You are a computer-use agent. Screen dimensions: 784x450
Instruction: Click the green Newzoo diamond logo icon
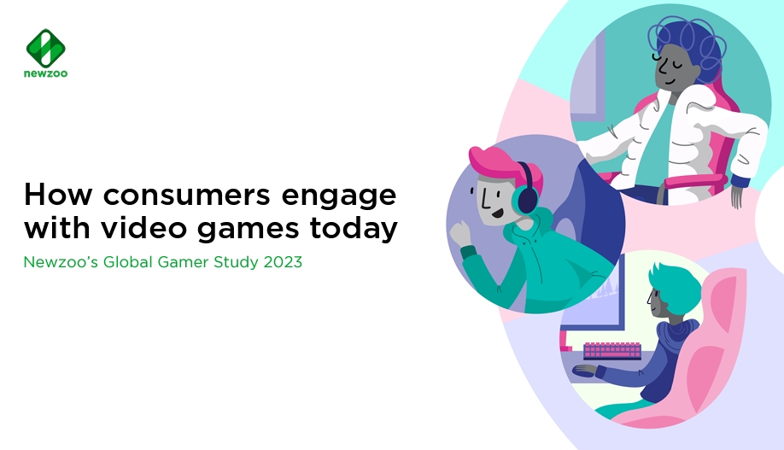(45, 48)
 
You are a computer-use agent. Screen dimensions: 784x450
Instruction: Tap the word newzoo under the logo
(45, 73)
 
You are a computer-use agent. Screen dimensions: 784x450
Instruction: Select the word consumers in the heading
(186, 195)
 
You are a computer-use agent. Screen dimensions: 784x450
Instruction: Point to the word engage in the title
(339, 197)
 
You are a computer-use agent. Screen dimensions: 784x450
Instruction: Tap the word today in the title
(354, 229)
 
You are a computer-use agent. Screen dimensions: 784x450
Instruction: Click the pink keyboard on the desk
(612, 350)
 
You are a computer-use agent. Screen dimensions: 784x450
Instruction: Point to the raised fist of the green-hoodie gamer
(461, 234)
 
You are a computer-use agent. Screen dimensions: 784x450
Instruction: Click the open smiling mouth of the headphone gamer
(497, 213)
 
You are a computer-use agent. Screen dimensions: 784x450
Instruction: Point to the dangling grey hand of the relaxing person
(738, 197)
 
